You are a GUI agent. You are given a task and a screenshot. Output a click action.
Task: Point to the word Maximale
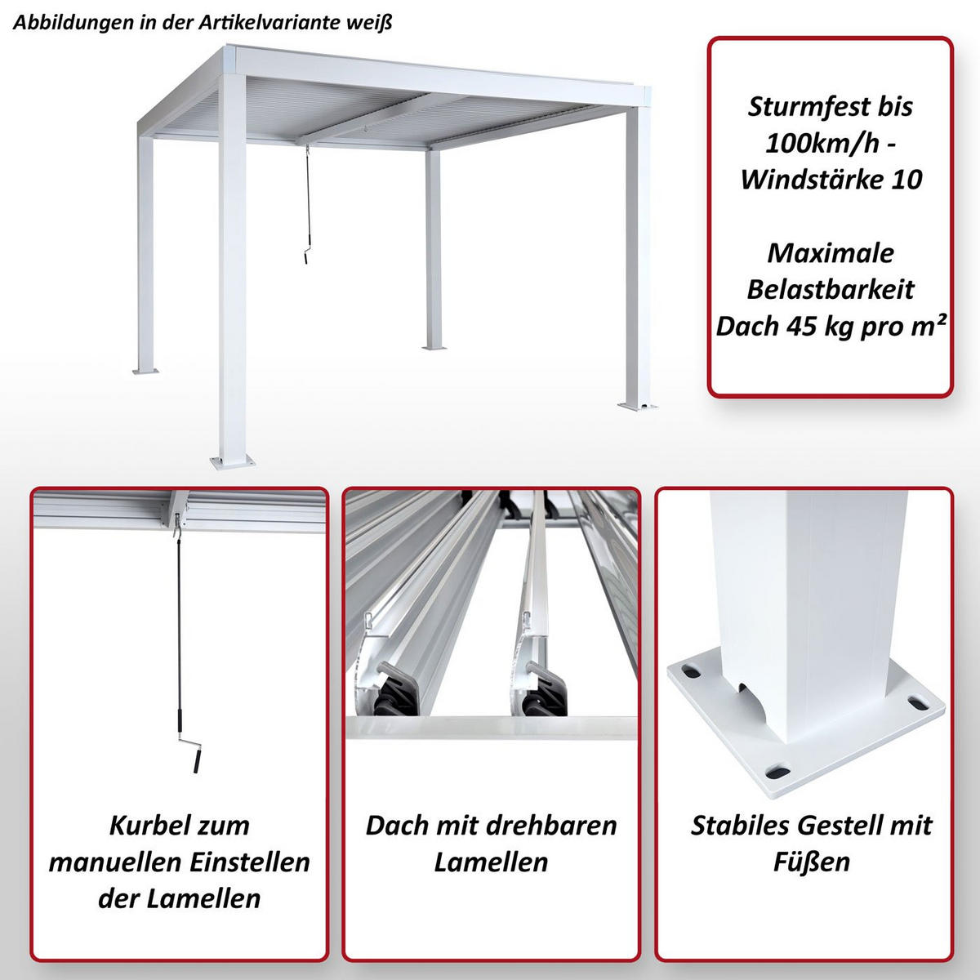(830, 252)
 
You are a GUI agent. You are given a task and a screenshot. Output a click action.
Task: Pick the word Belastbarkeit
(830, 289)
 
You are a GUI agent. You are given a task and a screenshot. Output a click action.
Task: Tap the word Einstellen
(243, 862)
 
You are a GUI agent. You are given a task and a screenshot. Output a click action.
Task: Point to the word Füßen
(811, 862)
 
